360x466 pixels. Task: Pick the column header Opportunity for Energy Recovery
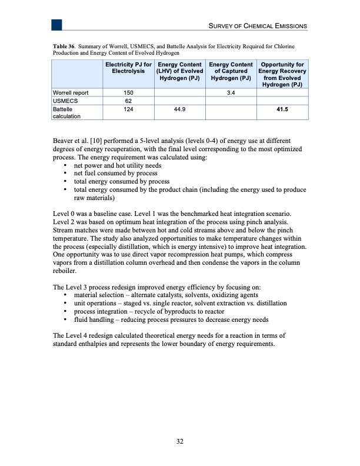tap(282, 74)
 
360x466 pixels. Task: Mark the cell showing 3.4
tap(231, 92)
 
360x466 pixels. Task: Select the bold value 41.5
tap(282, 109)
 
